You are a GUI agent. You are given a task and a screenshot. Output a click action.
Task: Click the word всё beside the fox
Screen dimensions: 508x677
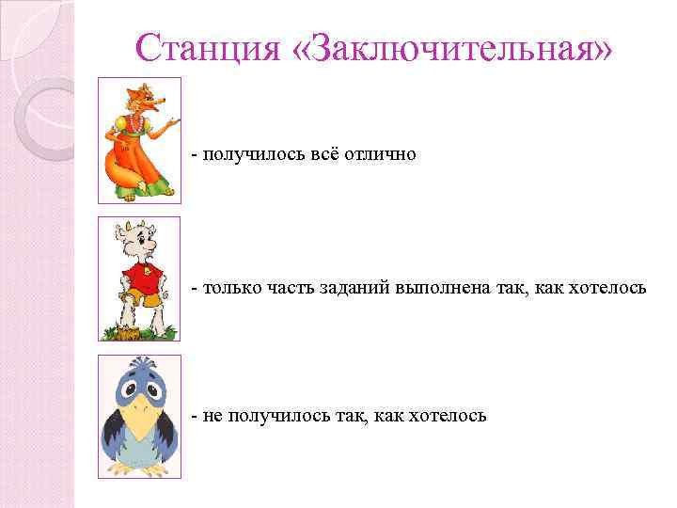(x=323, y=153)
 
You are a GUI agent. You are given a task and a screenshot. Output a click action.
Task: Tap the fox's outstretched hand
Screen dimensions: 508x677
(x=173, y=124)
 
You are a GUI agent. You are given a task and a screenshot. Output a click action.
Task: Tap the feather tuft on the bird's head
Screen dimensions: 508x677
(x=140, y=363)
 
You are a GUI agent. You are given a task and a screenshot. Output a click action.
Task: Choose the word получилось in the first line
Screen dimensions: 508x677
(x=247, y=153)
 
